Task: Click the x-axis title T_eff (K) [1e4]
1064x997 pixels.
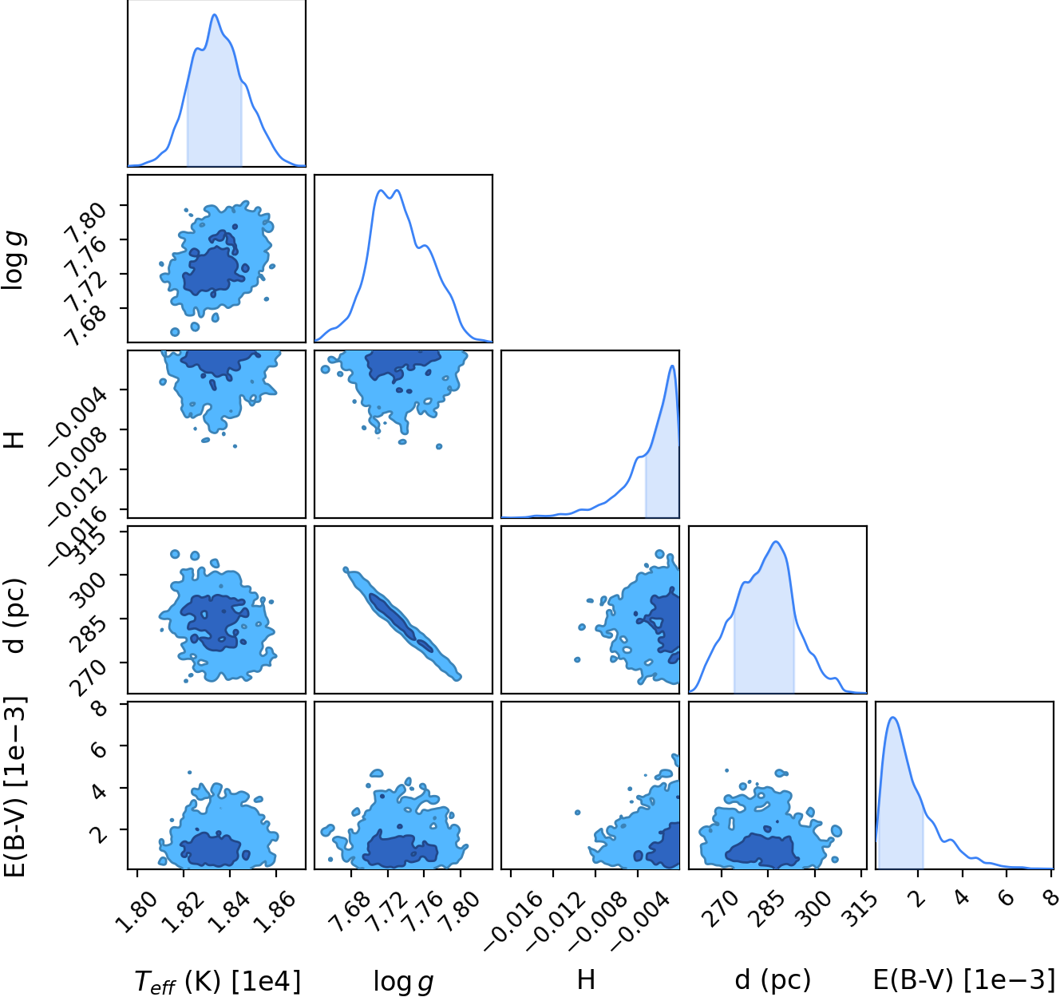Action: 217,981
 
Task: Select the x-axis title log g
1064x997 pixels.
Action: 403,982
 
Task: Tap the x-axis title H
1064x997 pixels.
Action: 586,980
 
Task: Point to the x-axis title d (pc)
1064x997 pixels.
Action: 773,980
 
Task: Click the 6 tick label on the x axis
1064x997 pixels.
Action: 1007,896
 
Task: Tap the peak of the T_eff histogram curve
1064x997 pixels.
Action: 215,14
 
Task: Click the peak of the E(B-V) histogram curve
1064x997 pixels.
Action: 893,717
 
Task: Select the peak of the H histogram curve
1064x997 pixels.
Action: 672,366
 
